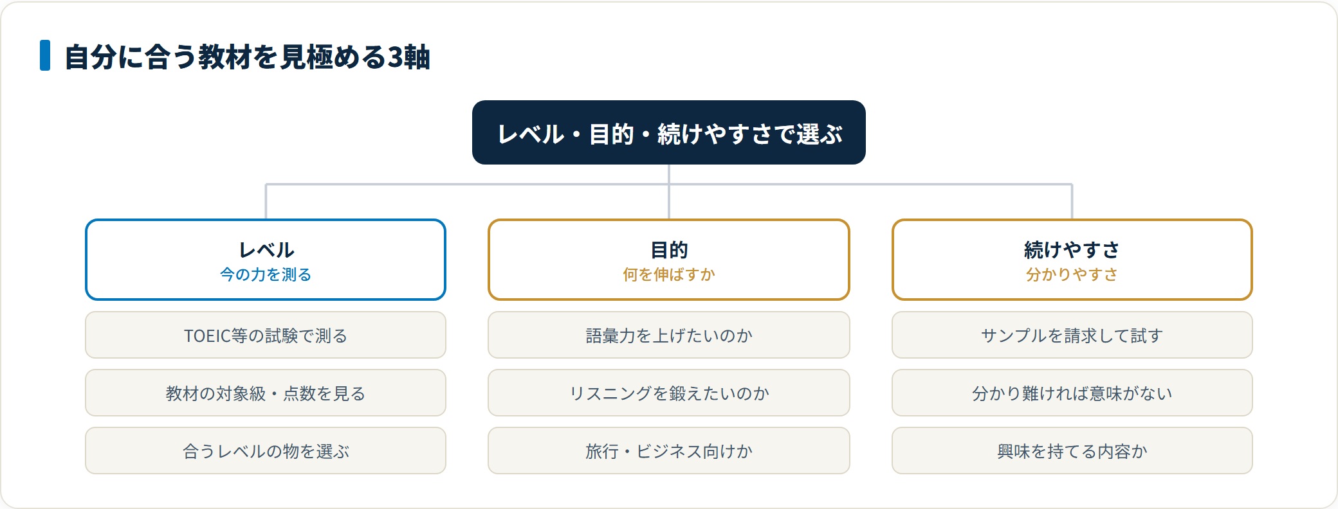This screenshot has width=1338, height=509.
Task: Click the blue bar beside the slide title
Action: coord(45,55)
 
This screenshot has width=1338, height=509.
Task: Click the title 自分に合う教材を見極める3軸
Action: coord(248,57)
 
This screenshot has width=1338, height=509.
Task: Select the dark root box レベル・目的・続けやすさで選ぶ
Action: coord(669,132)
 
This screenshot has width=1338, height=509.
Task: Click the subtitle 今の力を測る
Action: coord(266,275)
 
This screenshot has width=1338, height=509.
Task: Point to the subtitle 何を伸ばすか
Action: coord(669,275)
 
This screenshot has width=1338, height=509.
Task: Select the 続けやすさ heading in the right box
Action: coord(1072,249)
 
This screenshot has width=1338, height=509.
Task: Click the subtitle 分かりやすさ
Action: coord(1072,275)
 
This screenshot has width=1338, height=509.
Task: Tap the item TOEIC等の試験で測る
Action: coord(266,335)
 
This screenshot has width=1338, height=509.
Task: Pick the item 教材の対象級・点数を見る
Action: coord(266,393)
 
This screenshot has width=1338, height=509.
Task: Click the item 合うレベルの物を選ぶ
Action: coord(266,451)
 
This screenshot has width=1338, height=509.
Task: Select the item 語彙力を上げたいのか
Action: coord(669,335)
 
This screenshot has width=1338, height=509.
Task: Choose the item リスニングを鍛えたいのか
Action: coord(669,393)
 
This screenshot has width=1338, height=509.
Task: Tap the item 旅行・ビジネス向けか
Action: coord(669,451)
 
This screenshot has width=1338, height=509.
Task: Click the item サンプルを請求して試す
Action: coord(1072,335)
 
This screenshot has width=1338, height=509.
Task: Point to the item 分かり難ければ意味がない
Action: coord(1072,393)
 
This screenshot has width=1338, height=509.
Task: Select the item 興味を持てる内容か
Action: coord(1072,451)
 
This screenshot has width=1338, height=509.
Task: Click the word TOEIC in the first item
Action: coord(207,335)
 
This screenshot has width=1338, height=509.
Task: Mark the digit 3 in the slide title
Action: coord(394,57)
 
